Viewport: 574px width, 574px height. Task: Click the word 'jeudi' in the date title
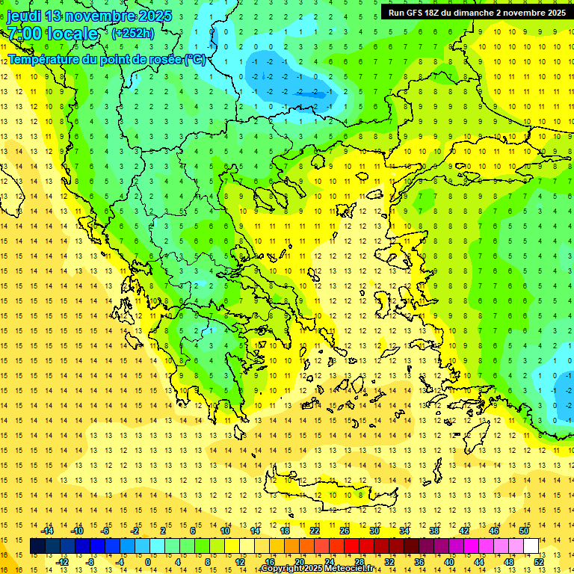coord(25,16)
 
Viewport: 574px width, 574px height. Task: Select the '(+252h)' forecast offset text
coord(132,33)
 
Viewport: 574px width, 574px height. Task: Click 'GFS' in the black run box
coord(413,13)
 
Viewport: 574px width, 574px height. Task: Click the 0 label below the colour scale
coord(147,562)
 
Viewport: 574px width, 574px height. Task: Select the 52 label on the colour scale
coord(538,562)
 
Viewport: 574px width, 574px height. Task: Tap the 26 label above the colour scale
coord(345,531)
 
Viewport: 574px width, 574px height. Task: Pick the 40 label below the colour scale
coord(448,562)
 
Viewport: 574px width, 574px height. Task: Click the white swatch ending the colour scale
coord(531,546)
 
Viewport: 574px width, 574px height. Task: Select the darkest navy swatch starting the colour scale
coord(38,546)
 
